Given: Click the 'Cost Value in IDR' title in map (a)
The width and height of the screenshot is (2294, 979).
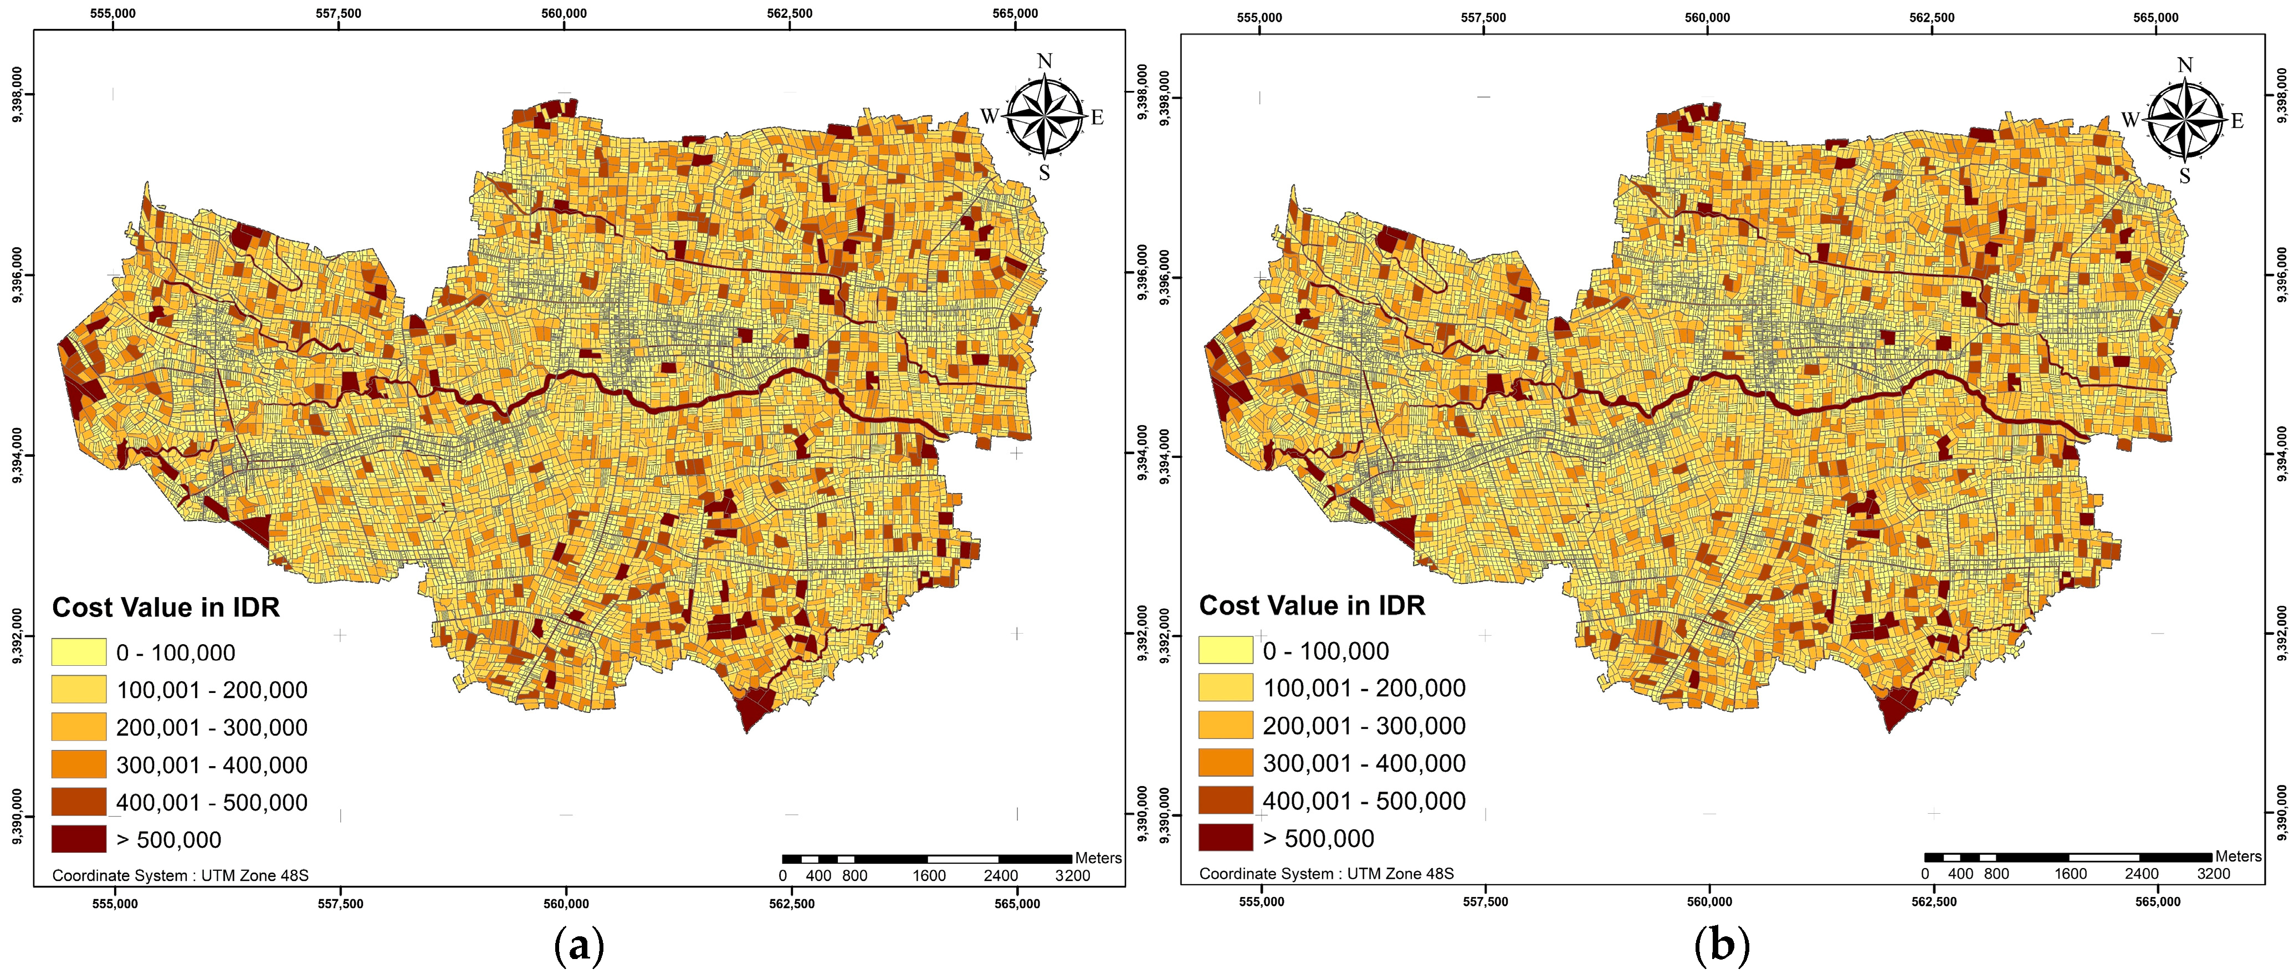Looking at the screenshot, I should (x=166, y=608).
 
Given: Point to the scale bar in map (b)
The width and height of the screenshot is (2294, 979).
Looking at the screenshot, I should (x=2068, y=857).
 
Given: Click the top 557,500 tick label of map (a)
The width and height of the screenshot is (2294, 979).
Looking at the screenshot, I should (x=339, y=13).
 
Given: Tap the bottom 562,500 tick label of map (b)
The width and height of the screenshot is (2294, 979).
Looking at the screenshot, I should (x=1933, y=901).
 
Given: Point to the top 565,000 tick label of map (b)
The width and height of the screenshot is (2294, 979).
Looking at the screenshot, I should (x=2156, y=17).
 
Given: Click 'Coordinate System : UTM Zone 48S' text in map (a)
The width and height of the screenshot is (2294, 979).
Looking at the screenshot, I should (x=180, y=876).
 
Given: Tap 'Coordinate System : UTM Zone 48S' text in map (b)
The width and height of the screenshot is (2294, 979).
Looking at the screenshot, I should (x=1326, y=874).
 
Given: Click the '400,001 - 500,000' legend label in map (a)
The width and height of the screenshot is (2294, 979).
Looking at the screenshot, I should (x=212, y=803).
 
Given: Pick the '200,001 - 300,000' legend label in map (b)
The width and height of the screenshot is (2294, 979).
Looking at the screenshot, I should (x=1364, y=726).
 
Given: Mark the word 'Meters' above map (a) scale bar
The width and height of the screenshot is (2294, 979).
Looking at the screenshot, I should (x=1098, y=858).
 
